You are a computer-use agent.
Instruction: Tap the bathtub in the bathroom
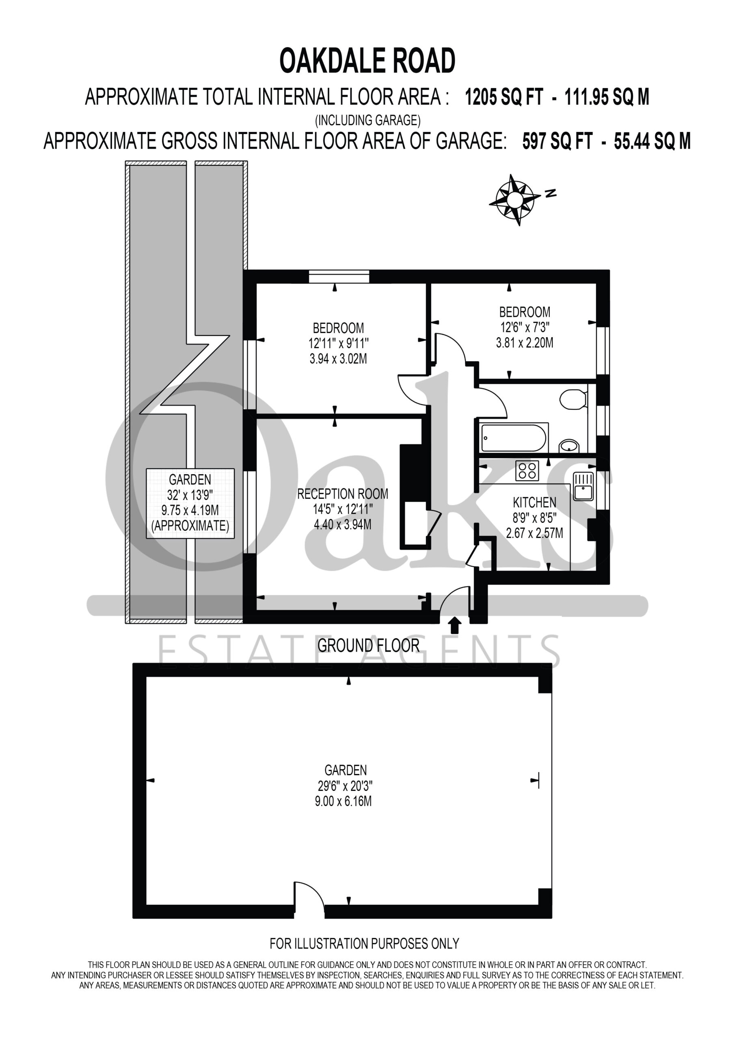pyautogui.click(x=514, y=437)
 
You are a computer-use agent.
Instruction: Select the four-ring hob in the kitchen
pyautogui.click(x=527, y=470)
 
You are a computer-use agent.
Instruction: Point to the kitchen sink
pyautogui.click(x=583, y=486)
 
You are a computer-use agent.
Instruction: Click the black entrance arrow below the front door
pyautogui.click(x=455, y=626)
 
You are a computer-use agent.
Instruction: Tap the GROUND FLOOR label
pyautogui.click(x=368, y=646)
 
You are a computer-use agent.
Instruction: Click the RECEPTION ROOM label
pyautogui.click(x=342, y=494)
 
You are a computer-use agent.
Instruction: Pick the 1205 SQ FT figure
pyautogui.click(x=504, y=97)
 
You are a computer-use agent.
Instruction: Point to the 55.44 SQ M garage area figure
pyautogui.click(x=652, y=141)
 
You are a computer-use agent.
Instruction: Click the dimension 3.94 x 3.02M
pyautogui.click(x=338, y=359)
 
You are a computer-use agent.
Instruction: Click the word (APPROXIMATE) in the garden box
pyautogui.click(x=190, y=526)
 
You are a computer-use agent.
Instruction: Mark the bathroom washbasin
pyautogui.click(x=569, y=446)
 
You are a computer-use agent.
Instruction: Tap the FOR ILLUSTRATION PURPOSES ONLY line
pyautogui.click(x=365, y=944)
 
